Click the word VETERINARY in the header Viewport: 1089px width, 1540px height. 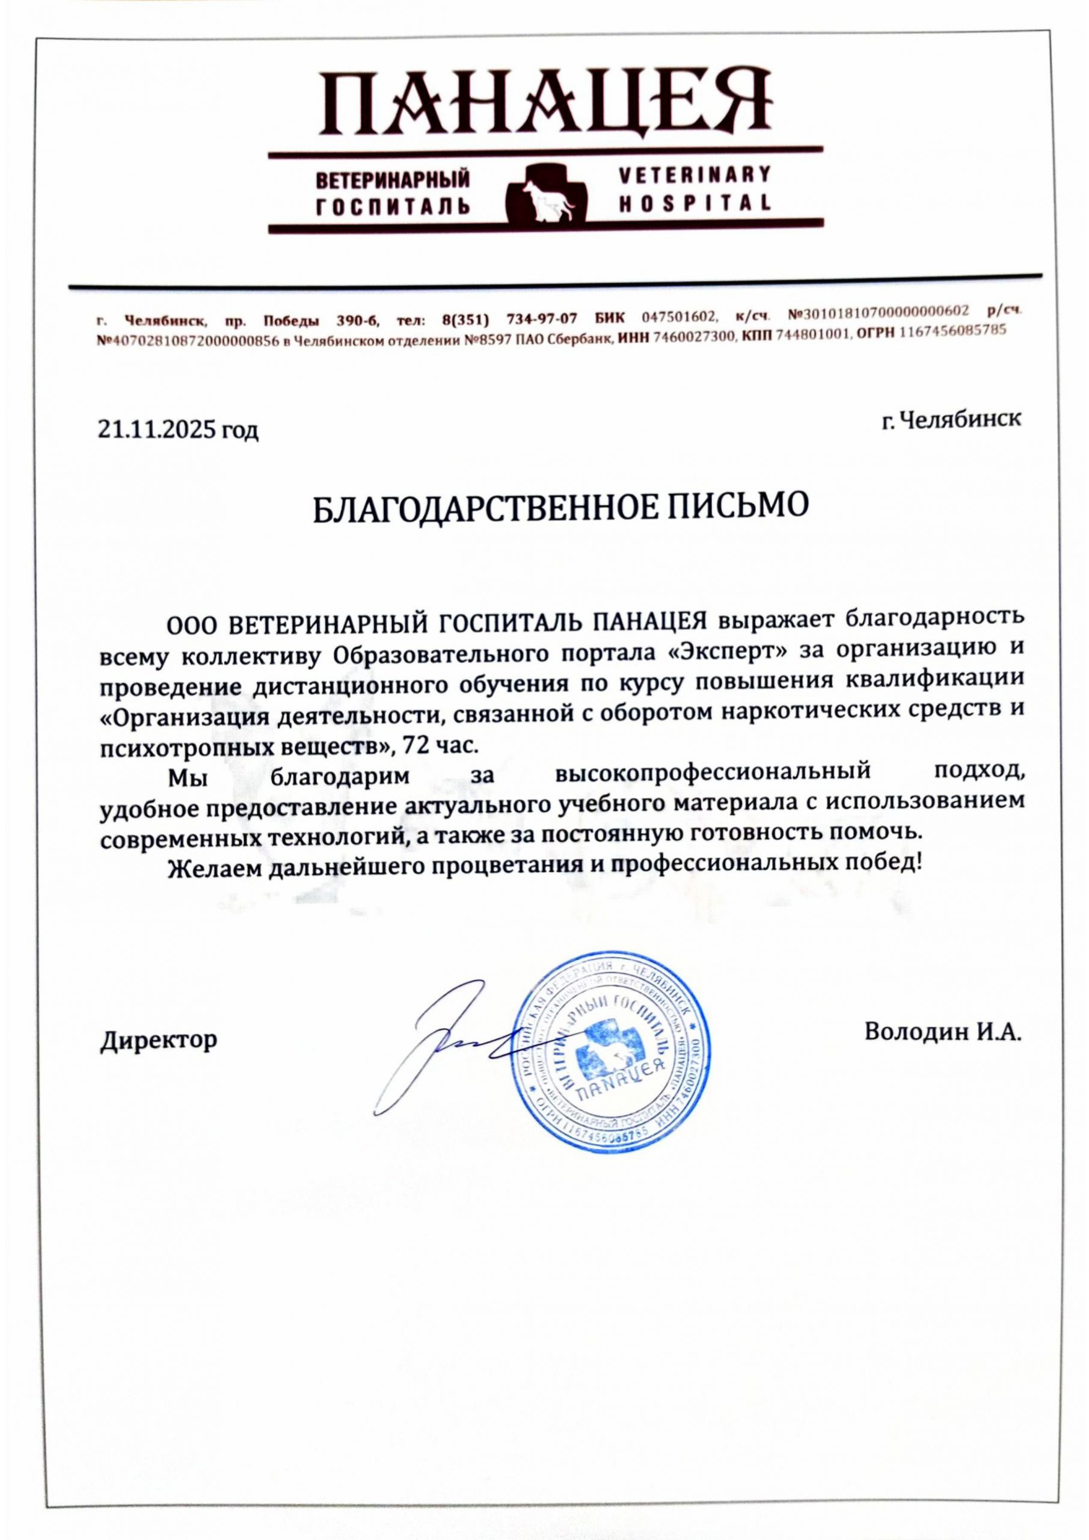click(x=693, y=176)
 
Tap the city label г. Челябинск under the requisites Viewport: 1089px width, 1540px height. click(x=951, y=420)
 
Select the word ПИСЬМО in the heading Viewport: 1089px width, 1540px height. click(x=736, y=512)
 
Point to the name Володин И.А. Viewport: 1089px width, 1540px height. click(x=943, y=1050)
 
